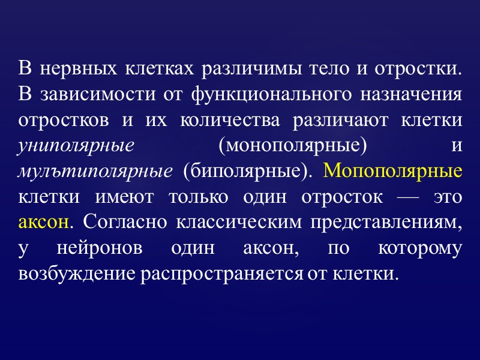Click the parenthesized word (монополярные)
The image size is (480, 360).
[290, 146]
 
